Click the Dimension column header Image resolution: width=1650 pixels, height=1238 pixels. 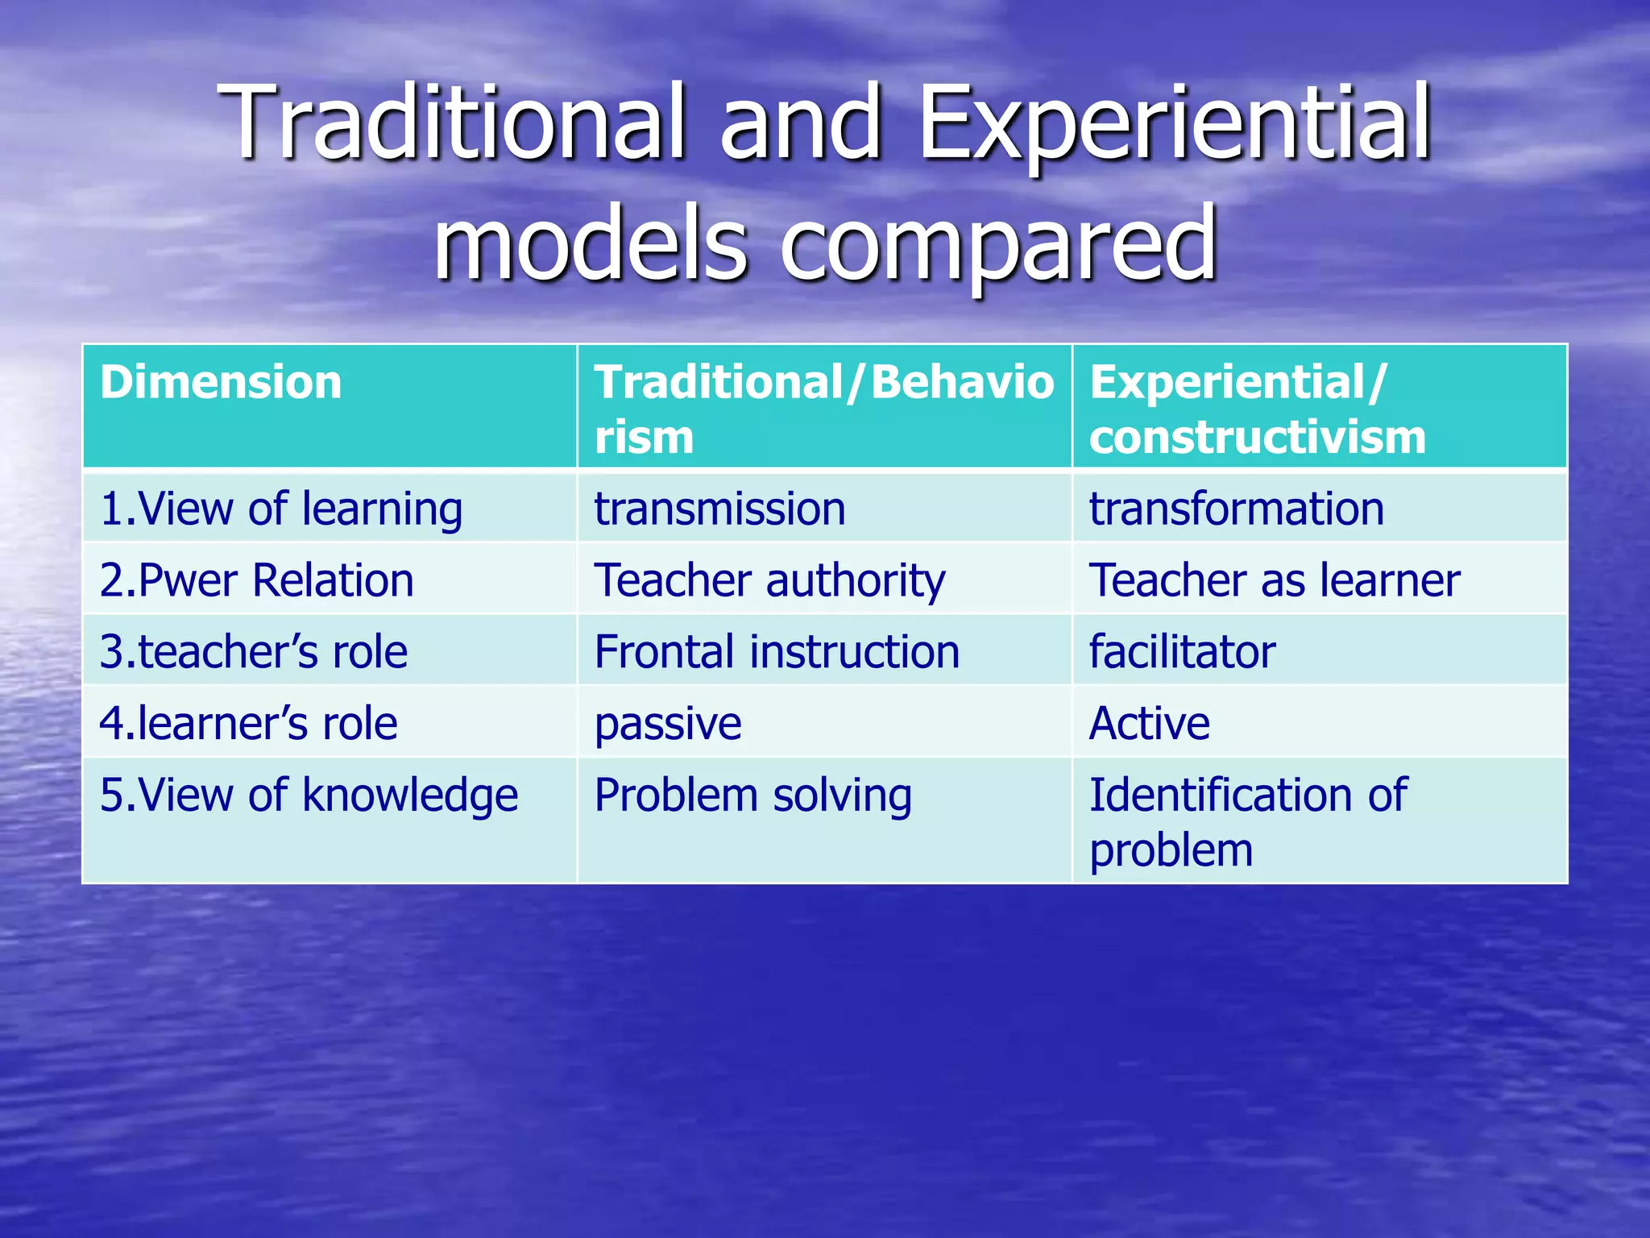click(x=221, y=382)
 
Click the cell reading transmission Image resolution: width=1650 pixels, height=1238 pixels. click(x=719, y=509)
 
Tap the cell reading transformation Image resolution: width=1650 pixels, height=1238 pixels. click(x=1236, y=509)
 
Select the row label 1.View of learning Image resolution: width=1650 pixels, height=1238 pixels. click(x=280, y=509)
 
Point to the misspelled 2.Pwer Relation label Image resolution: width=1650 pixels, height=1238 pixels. click(x=256, y=580)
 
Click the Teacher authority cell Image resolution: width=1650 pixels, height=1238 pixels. click(x=769, y=580)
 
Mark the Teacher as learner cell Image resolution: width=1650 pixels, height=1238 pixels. click(x=1274, y=580)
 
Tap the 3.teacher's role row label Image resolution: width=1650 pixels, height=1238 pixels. click(x=253, y=651)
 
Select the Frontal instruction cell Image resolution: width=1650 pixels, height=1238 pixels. click(x=777, y=651)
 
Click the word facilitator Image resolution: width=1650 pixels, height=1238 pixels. click(x=1182, y=651)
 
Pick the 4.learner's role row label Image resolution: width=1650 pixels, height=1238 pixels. click(x=248, y=723)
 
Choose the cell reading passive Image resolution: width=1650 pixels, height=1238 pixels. click(x=667, y=723)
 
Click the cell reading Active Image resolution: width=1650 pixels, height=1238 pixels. click(x=1149, y=723)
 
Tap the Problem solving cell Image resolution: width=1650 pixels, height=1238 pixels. click(x=752, y=796)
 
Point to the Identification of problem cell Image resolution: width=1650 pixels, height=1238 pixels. click(x=1247, y=821)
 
